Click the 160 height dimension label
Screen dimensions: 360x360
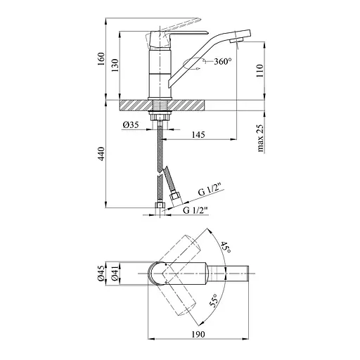click(101, 59)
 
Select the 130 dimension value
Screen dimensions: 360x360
click(115, 65)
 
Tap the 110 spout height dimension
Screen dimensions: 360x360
click(260, 71)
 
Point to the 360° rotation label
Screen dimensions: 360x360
click(223, 61)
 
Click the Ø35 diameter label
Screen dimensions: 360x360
click(131, 124)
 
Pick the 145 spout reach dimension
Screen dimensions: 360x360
click(198, 135)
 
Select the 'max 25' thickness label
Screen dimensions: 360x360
click(260, 138)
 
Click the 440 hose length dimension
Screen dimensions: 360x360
click(101, 154)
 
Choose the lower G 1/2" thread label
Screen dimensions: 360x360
click(195, 210)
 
